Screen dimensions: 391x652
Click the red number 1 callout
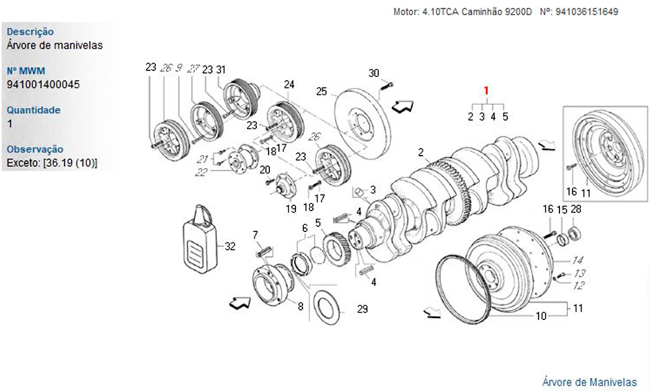pyautogui.click(x=486, y=91)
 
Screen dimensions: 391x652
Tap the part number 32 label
pyautogui.click(x=230, y=246)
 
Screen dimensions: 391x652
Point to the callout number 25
pyautogui.click(x=321, y=91)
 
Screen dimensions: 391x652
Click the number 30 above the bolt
pyautogui.click(x=374, y=73)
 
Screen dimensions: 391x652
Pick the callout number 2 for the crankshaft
pyautogui.click(x=421, y=153)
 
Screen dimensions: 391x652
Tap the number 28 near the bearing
pyautogui.click(x=576, y=209)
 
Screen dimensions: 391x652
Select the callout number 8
pyautogui.click(x=301, y=306)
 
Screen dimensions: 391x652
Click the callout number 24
pyautogui.click(x=289, y=84)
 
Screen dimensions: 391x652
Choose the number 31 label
pyautogui.click(x=221, y=70)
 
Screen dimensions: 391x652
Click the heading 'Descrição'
pyautogui.click(x=30, y=32)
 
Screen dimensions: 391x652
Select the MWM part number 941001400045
pyautogui.click(x=43, y=85)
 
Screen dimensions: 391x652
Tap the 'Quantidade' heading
pyautogui.click(x=33, y=110)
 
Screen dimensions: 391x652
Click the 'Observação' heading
pyautogui.click(x=35, y=149)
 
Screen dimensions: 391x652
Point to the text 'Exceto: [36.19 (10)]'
pyautogui.click(x=52, y=162)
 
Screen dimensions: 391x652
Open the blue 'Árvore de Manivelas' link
pyautogui.click(x=589, y=382)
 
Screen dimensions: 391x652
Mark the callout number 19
pyautogui.click(x=291, y=209)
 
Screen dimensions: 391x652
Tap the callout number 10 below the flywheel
pyautogui.click(x=541, y=317)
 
